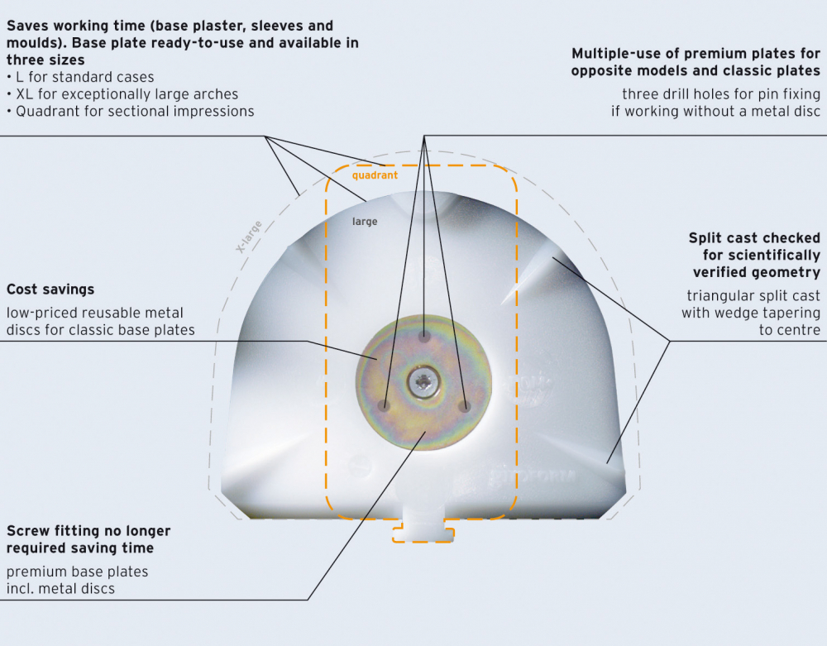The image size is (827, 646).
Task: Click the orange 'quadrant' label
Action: coord(374,175)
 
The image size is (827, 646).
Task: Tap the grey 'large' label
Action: coord(365,222)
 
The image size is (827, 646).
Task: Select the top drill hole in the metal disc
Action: coord(424,337)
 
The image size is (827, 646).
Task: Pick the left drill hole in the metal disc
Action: coord(384,406)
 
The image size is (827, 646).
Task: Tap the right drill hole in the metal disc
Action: coord(465,406)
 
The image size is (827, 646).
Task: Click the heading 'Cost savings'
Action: coord(50,290)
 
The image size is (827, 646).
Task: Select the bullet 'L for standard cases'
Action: coord(80,77)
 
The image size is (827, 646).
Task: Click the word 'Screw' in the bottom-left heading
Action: coord(29,531)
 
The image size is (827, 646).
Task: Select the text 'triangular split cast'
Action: coord(753,295)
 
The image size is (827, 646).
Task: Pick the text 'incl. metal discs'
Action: coord(60,589)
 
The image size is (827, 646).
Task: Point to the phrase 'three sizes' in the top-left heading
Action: coord(45,60)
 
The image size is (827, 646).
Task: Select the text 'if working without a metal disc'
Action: coord(715,111)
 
